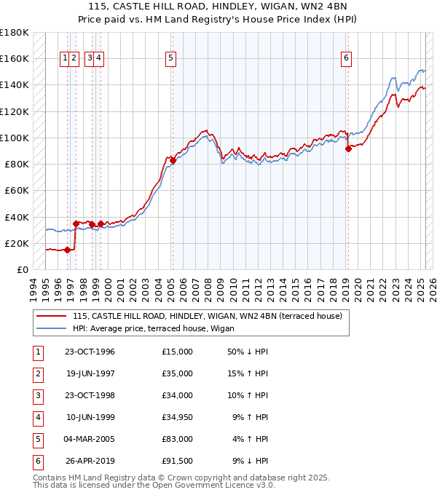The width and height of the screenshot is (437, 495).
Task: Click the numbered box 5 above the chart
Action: tap(170, 58)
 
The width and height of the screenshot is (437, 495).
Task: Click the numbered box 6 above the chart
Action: tap(346, 58)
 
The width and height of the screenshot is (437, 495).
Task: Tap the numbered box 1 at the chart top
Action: tap(66, 58)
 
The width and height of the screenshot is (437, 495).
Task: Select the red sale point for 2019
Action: tap(348, 148)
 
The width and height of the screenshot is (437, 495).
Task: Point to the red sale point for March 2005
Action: tap(173, 160)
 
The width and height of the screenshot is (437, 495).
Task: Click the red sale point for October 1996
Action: tap(68, 250)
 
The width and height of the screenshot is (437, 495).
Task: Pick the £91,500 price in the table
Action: tap(178, 459)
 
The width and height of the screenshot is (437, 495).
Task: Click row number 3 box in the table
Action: tap(36, 395)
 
